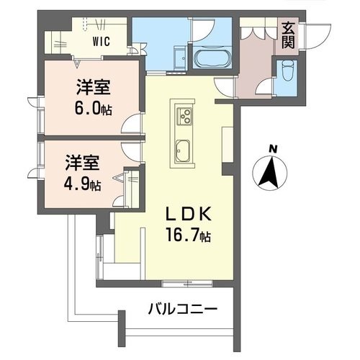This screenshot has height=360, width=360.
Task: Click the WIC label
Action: click(100, 42)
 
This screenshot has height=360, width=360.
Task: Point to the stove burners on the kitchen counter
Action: click(183, 114)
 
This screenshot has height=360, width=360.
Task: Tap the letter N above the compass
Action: click(271, 149)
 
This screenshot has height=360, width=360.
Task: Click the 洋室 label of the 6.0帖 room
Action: click(91, 88)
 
